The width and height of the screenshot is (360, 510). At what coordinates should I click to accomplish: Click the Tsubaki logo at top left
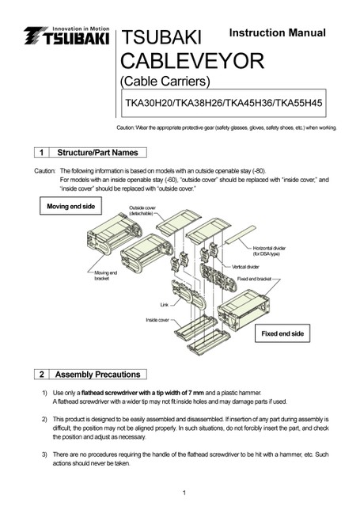(x=66, y=36)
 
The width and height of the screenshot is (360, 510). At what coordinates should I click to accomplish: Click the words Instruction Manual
(x=277, y=32)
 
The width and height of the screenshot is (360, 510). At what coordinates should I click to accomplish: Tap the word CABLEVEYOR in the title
(x=192, y=61)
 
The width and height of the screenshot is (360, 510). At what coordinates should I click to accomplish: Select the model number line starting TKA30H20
(x=224, y=103)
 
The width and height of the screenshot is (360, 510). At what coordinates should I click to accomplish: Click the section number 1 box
(x=42, y=153)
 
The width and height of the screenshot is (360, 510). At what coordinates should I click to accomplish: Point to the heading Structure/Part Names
(x=97, y=153)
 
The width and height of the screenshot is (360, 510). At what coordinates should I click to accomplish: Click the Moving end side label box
(x=71, y=206)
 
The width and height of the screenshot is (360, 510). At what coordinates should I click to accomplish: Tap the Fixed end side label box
(x=282, y=333)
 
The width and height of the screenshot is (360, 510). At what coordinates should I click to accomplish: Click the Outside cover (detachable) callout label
(x=142, y=211)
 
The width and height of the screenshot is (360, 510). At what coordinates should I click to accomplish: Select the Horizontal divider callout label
(x=269, y=251)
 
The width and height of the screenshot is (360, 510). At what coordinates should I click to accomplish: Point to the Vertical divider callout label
(x=245, y=267)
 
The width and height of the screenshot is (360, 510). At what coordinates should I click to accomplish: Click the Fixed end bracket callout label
(x=254, y=279)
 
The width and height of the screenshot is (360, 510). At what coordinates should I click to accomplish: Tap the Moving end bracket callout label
(x=105, y=276)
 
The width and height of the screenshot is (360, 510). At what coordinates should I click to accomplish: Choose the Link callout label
(x=165, y=305)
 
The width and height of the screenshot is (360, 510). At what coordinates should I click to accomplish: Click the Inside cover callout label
(x=157, y=320)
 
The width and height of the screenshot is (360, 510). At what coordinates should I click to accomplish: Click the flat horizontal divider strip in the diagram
(x=241, y=235)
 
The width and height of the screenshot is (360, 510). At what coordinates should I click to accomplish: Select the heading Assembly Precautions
(x=97, y=375)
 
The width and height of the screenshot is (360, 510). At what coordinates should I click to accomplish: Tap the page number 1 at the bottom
(x=184, y=493)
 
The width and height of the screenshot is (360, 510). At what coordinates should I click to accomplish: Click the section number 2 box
(x=42, y=375)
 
